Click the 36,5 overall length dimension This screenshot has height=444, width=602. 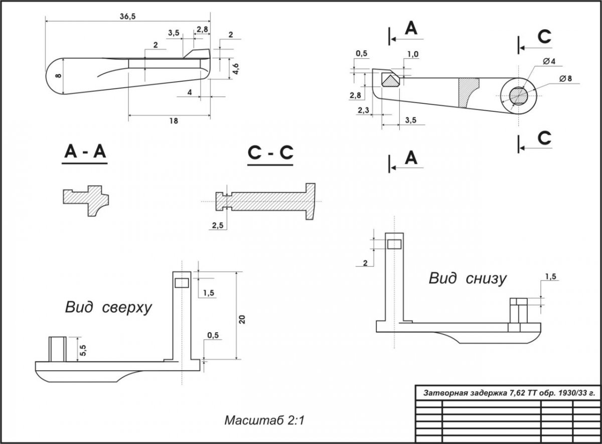coord(127,16)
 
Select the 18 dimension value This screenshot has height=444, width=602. coord(174,121)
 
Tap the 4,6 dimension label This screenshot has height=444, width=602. coord(235,68)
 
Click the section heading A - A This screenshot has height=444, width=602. coord(85,152)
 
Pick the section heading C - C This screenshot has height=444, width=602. coord(270,153)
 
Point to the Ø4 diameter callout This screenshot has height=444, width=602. coord(549,61)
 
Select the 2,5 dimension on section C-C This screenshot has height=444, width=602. coord(218,226)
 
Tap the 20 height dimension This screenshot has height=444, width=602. coord(242,320)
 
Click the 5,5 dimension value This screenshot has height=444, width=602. coord(83,349)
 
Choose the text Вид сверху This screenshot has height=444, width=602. coord(108,307)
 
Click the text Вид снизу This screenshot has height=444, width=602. coord(467,278)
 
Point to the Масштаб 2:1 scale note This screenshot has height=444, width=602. coord(264,420)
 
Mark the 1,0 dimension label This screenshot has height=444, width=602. coord(413,54)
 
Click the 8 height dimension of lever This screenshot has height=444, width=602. coord(58,75)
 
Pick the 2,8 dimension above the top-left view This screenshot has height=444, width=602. coord(203,30)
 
